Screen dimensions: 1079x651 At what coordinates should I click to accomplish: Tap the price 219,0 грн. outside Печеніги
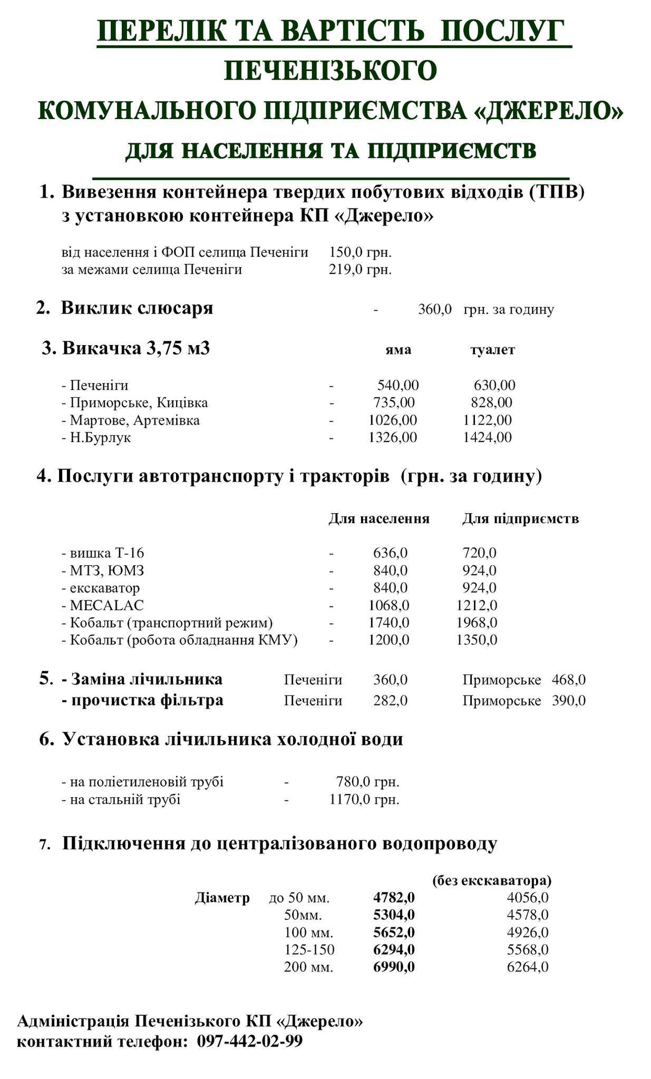(x=360, y=270)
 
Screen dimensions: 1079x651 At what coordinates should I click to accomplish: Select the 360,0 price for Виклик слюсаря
(x=435, y=310)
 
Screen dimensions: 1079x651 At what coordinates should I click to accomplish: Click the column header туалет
(x=492, y=350)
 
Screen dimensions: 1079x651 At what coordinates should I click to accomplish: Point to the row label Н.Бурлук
(x=100, y=438)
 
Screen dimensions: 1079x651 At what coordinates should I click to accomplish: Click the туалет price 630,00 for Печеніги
(x=494, y=385)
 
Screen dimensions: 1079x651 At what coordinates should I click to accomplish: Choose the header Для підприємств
(x=521, y=519)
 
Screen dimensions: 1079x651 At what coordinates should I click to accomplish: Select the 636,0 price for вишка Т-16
(x=390, y=553)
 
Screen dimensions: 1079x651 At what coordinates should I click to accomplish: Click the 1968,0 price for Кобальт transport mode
(x=477, y=623)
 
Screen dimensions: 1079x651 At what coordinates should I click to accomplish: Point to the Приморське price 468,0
(x=569, y=680)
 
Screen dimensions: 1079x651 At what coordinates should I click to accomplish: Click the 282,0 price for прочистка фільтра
(x=390, y=701)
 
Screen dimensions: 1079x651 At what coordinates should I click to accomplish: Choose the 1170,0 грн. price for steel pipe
(x=364, y=800)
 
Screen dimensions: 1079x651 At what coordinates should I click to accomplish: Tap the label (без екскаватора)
(x=491, y=881)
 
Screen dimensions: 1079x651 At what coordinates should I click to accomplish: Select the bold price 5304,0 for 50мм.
(x=394, y=915)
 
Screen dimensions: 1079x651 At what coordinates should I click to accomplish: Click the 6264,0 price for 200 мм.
(x=528, y=967)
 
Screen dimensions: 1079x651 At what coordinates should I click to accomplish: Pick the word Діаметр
(x=222, y=898)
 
